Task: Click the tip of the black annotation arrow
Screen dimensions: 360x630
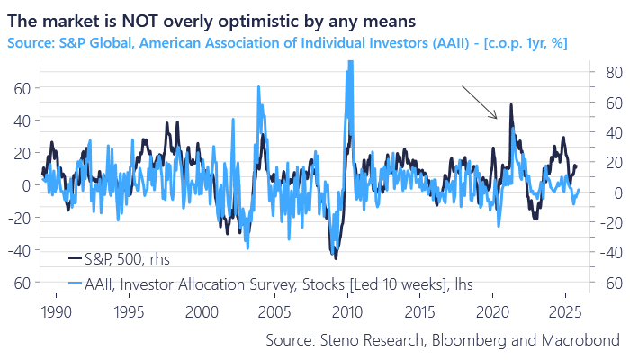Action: point(496,118)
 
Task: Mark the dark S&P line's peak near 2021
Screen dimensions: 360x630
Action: point(511,105)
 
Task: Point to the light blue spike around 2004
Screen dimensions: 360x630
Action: point(259,87)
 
